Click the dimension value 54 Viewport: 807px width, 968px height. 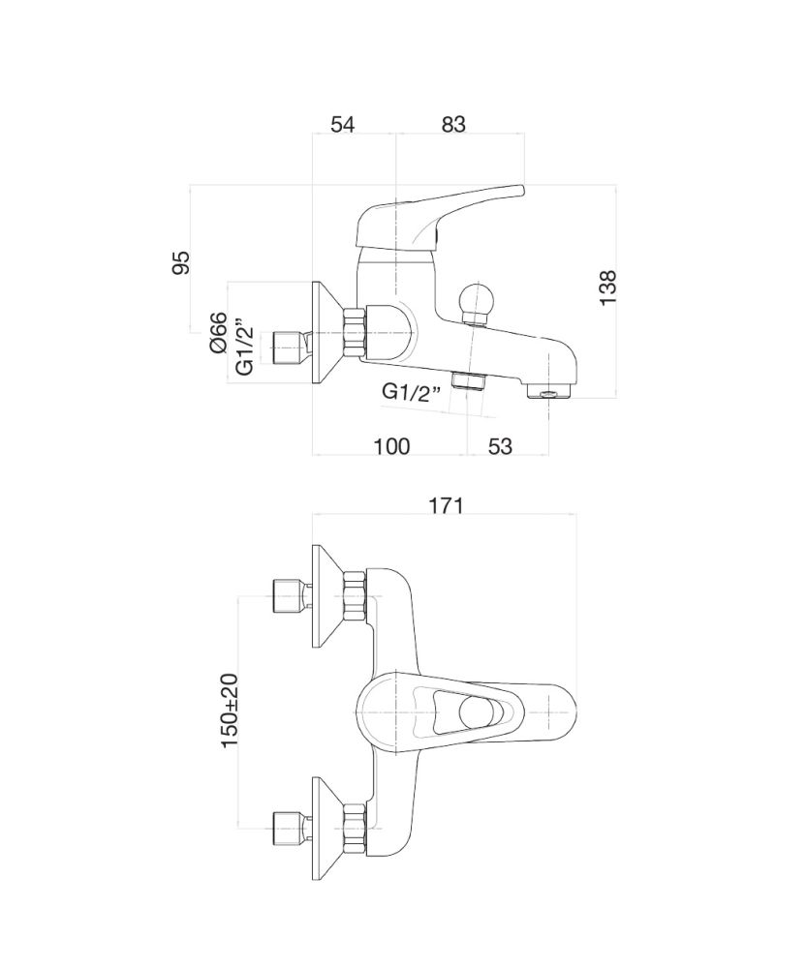point(343,124)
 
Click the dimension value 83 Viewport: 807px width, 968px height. point(453,124)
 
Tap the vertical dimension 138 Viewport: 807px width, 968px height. point(608,287)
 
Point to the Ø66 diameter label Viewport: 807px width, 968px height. point(219,332)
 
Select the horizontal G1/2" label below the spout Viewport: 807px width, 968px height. point(413,391)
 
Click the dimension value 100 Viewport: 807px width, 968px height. point(391,445)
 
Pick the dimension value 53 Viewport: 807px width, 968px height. point(500,445)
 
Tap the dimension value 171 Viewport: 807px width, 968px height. point(446,505)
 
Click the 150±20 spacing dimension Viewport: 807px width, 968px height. point(230,710)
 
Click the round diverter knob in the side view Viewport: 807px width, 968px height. point(475,298)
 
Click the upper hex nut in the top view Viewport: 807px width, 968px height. point(356,597)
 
